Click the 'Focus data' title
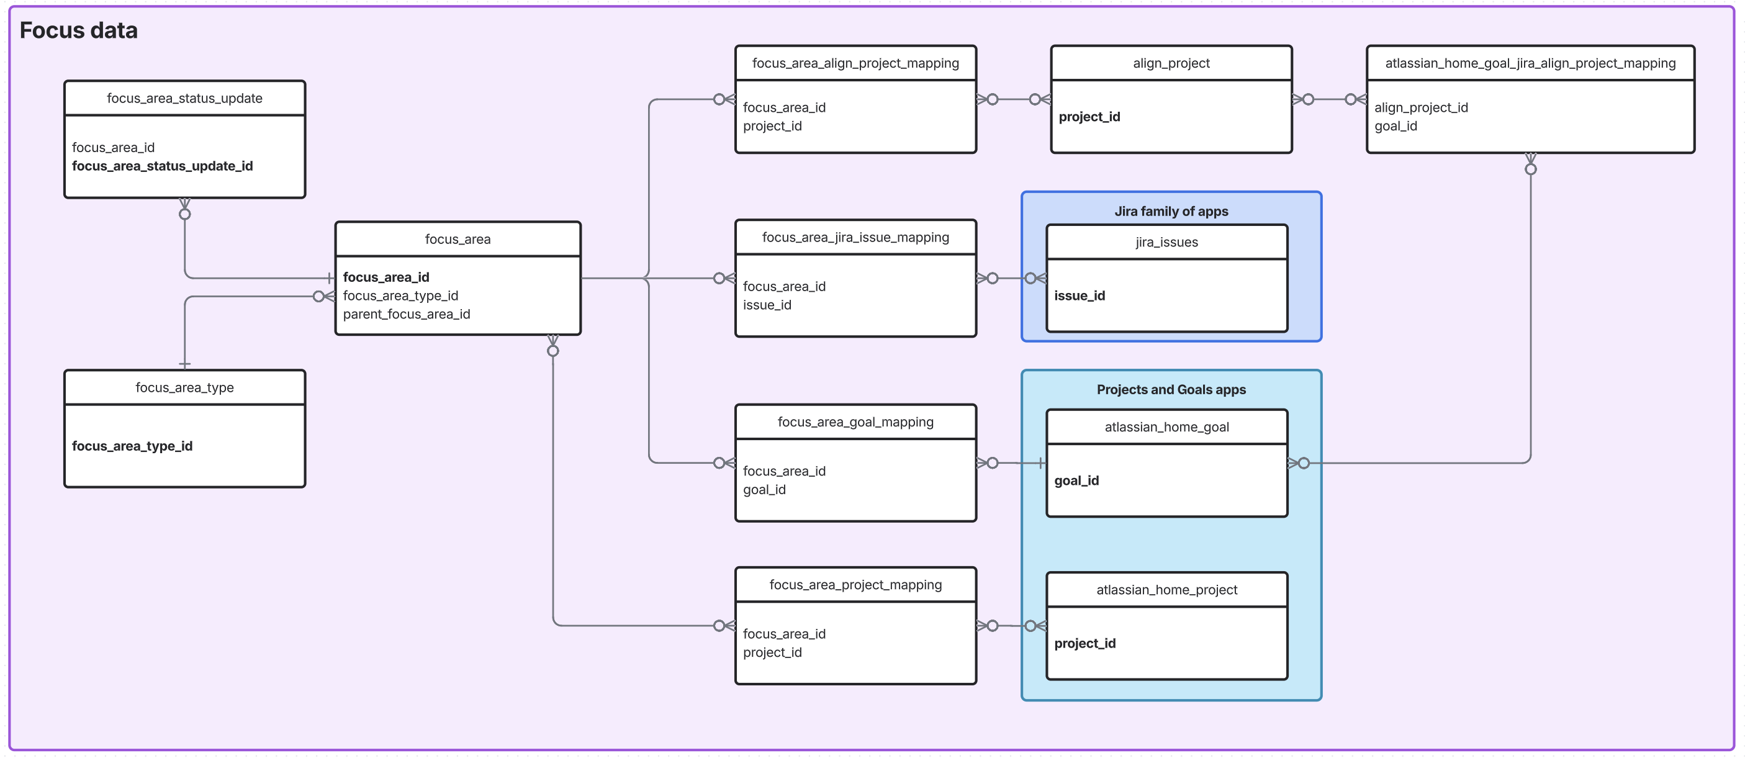coord(79,30)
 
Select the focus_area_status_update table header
coord(184,98)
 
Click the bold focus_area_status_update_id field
coord(162,166)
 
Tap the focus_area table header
coord(458,239)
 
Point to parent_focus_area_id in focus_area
coord(406,314)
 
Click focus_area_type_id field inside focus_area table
coord(400,296)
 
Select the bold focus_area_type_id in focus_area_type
coord(132,446)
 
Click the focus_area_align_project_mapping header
coord(855,63)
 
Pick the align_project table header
coord(1171,63)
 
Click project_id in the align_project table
coord(1089,117)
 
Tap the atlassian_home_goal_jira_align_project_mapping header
coord(1530,63)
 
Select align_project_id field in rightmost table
coord(1420,107)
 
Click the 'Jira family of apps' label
coord(1171,211)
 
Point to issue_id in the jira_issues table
coord(1079,296)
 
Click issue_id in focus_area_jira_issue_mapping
coord(767,305)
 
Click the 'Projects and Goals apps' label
coord(1171,389)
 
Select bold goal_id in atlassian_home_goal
coord(1076,481)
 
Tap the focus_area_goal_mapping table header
coord(855,422)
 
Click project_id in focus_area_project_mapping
coord(772,652)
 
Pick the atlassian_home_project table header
coord(1166,589)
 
